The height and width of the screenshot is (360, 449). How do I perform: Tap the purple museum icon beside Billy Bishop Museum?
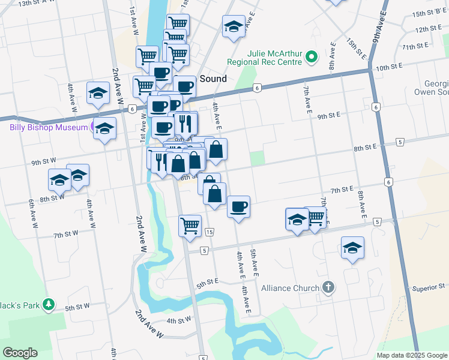point(94,126)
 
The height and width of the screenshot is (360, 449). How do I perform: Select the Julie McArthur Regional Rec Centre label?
point(264,58)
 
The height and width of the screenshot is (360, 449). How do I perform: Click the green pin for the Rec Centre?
point(311,58)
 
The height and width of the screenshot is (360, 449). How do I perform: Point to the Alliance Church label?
point(291,288)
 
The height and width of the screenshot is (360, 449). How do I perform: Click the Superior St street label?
point(428,287)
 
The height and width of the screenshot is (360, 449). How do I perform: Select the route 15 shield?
point(209,232)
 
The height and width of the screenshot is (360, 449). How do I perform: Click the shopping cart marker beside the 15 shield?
point(190,226)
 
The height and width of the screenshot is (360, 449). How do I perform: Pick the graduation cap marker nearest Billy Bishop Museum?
point(105,129)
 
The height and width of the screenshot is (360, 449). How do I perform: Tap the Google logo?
point(20,353)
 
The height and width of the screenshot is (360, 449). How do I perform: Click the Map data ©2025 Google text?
point(412,355)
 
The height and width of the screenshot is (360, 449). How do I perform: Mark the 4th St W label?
point(179,321)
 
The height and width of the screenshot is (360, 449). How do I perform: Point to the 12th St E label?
point(428,28)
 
